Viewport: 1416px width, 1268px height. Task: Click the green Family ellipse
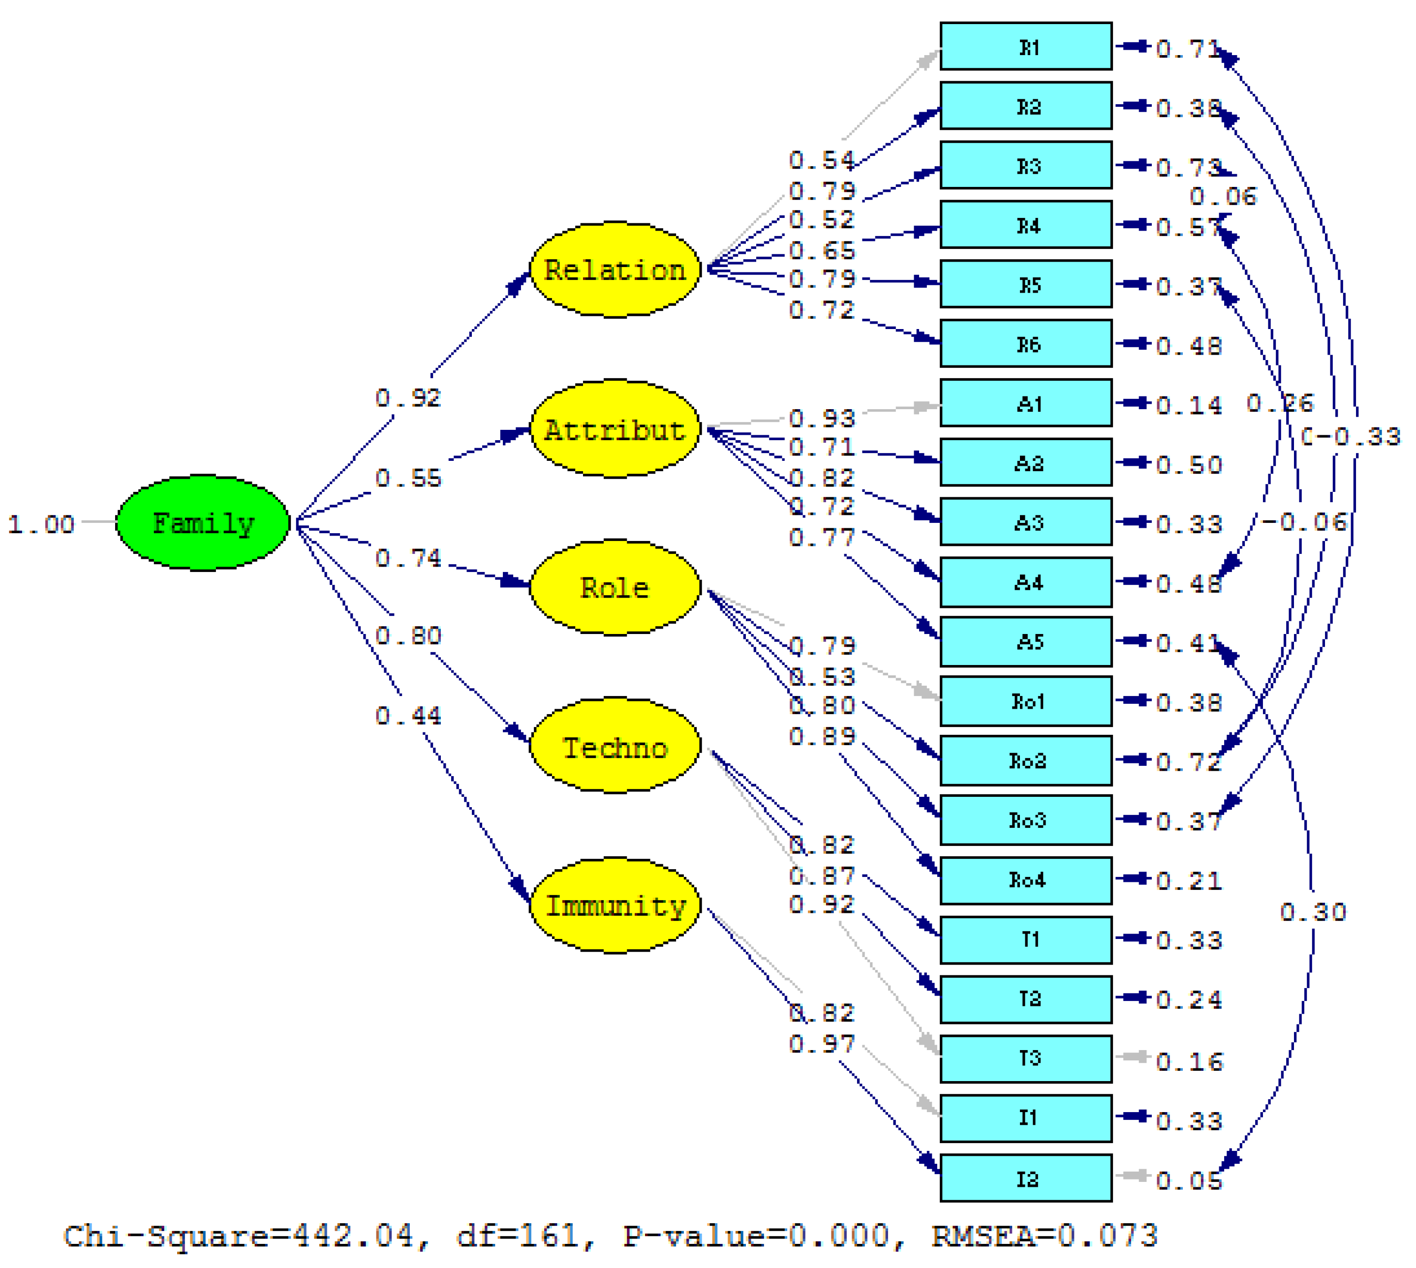[x=202, y=522]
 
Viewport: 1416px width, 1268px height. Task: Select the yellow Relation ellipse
[x=615, y=269]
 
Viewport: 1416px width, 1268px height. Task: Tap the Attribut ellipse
[x=615, y=428]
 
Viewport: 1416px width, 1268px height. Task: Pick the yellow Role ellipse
[x=615, y=587]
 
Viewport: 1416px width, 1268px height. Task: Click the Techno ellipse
[x=615, y=746]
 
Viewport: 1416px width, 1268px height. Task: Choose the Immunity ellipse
[x=615, y=905]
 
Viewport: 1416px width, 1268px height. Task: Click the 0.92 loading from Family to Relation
[x=408, y=398]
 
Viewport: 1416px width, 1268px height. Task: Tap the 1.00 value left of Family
[x=40, y=524]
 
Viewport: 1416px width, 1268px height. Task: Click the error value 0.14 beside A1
[x=1188, y=405]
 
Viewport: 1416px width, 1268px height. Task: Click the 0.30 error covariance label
[x=1312, y=912]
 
